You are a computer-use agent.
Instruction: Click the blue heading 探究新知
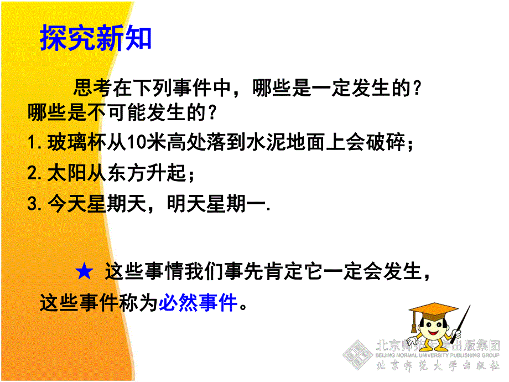[96, 39]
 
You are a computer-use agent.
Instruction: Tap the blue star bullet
[85, 271]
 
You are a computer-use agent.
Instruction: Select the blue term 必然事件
[198, 303]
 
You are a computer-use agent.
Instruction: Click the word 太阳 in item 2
[61, 173]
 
